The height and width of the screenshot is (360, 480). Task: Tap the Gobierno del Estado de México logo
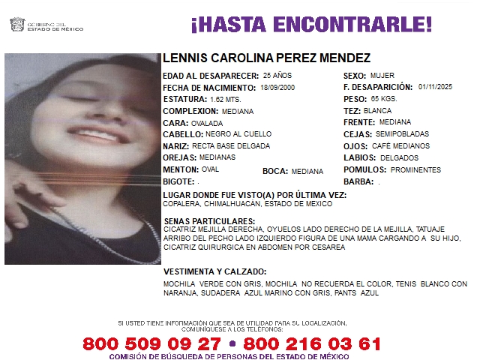click(x=45, y=25)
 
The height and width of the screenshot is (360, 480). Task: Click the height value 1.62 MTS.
click(x=226, y=99)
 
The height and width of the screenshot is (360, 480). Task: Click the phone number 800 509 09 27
click(x=152, y=343)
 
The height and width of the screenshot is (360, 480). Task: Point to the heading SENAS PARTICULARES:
click(x=209, y=221)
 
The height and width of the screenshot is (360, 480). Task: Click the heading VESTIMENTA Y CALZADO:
click(x=214, y=271)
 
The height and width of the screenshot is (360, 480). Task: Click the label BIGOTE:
click(x=178, y=181)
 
